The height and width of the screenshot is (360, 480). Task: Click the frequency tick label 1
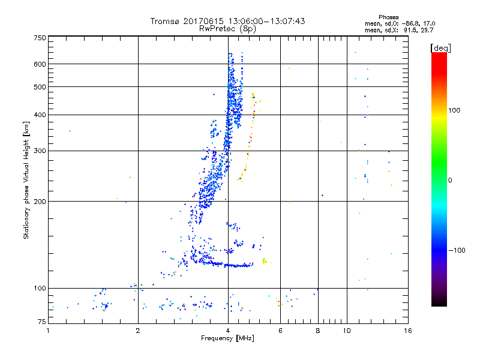(x=49, y=331)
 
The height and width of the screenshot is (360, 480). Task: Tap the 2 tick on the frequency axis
(x=139, y=331)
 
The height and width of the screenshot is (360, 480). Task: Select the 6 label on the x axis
(x=280, y=331)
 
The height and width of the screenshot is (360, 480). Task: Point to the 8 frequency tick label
(x=318, y=331)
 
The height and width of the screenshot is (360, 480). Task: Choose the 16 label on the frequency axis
(x=407, y=331)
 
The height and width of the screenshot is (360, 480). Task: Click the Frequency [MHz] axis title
(x=227, y=338)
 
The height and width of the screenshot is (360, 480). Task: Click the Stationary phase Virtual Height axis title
(x=26, y=180)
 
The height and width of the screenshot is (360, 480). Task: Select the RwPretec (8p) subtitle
(x=228, y=28)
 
